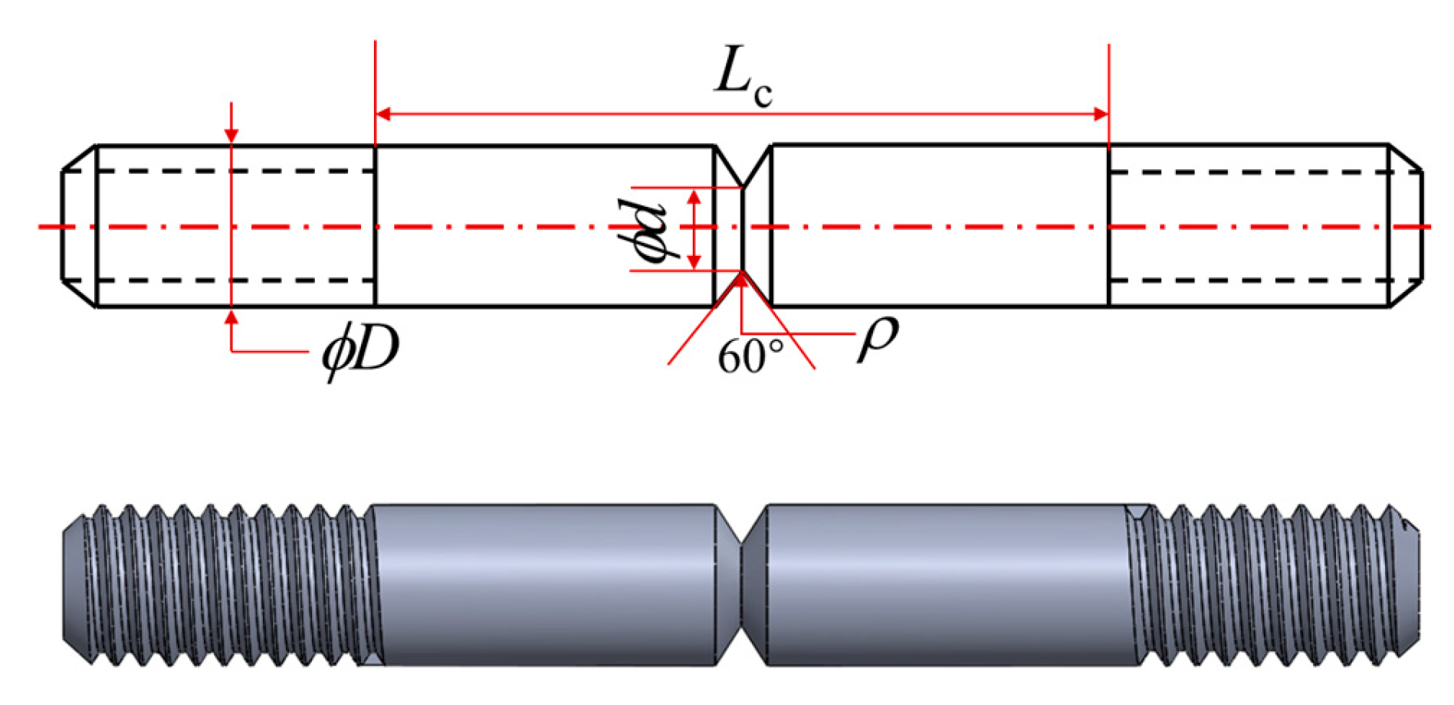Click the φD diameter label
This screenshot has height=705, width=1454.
click(360, 351)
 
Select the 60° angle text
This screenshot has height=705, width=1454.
click(750, 356)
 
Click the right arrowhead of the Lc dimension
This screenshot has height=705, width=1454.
click(1101, 114)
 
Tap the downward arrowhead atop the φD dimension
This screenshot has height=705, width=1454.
click(231, 136)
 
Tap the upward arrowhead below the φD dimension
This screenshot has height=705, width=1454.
click(231, 316)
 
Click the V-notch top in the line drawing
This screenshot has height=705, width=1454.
click(742, 165)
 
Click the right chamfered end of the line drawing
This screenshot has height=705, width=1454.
click(1406, 226)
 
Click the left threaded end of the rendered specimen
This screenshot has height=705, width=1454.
click(222, 584)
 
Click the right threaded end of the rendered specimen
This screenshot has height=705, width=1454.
click(1272, 584)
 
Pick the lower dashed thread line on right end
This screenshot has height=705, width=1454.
click(1249, 280)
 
